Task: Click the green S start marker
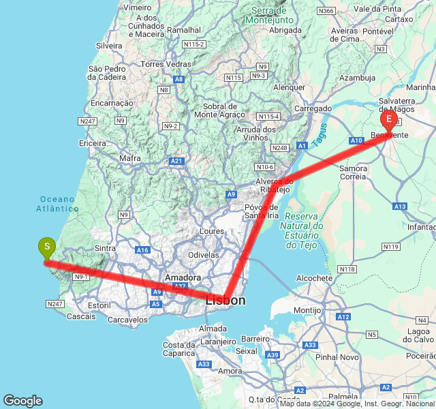click(x=46, y=247)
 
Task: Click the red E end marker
click(x=389, y=121)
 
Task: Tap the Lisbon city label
click(x=225, y=300)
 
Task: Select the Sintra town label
click(x=105, y=249)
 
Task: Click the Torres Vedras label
click(x=167, y=64)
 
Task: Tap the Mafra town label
click(x=129, y=158)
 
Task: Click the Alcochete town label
click(x=315, y=278)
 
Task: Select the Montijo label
click(x=307, y=310)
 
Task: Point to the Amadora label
click(x=183, y=278)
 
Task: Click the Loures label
click(x=212, y=231)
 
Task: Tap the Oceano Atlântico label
click(x=58, y=204)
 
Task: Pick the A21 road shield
click(x=176, y=161)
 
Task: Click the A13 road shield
click(x=400, y=207)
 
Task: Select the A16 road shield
click(x=142, y=251)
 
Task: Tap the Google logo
click(x=22, y=401)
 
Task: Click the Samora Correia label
click(x=353, y=172)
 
